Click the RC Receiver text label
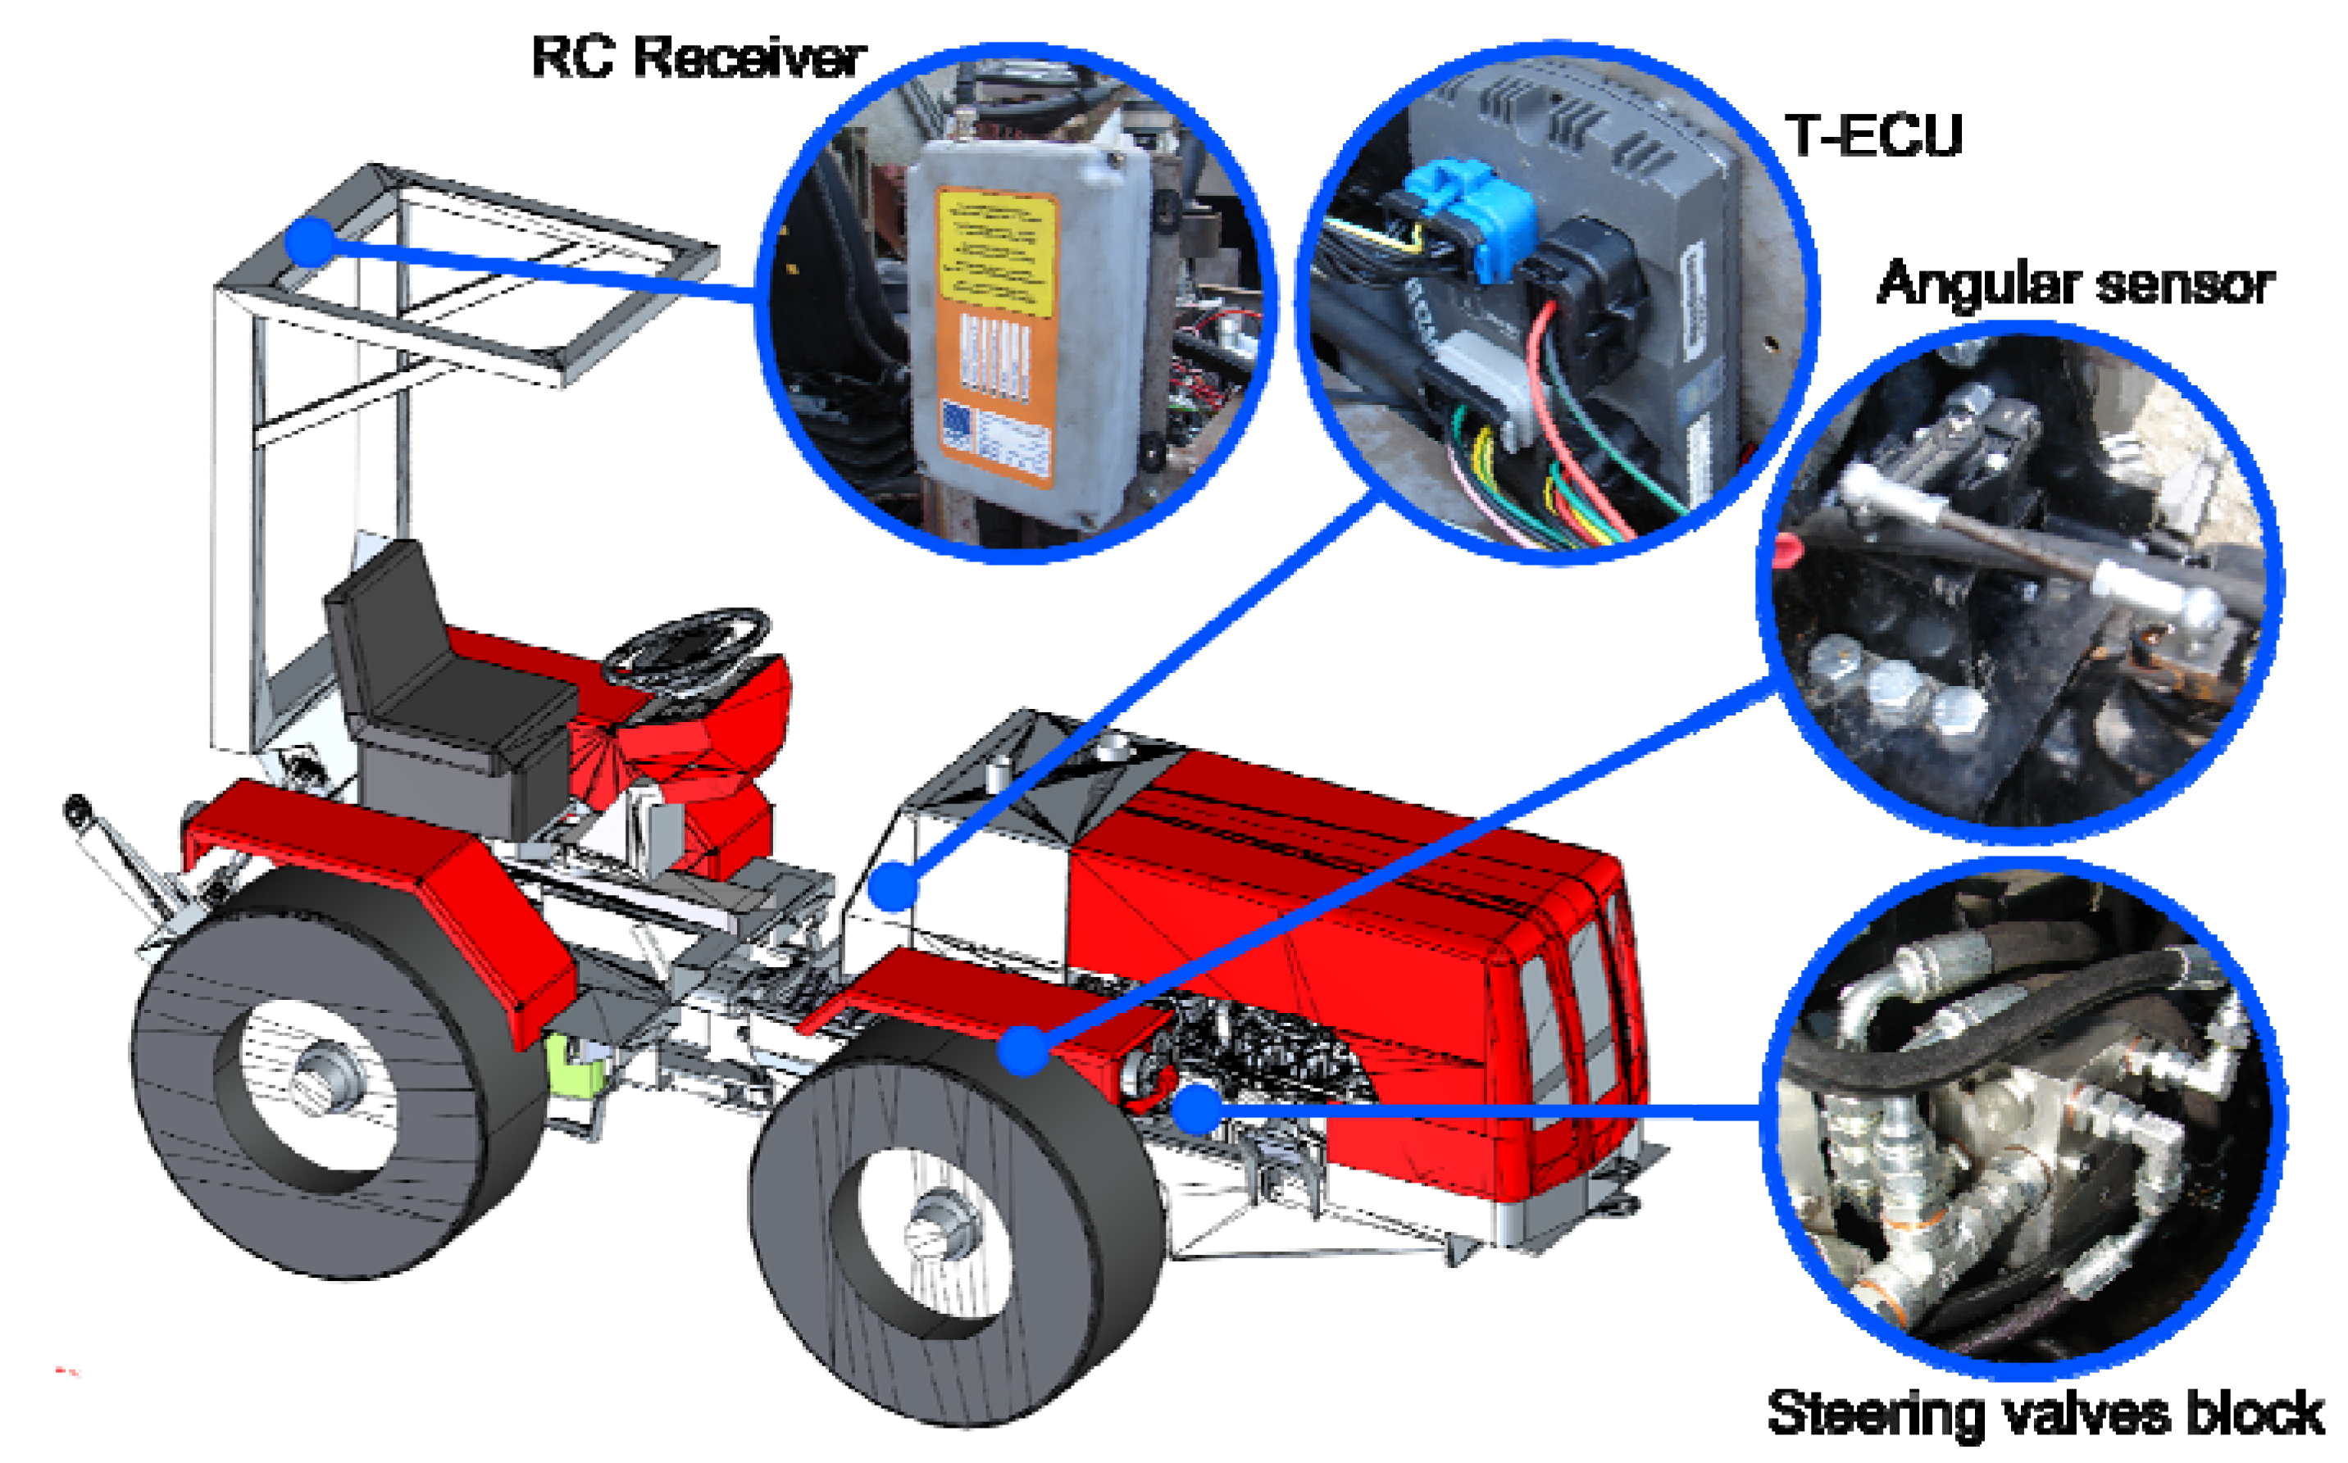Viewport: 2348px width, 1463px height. [x=698, y=57]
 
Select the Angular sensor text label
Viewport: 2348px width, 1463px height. [x=2075, y=284]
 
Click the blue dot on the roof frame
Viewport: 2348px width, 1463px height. [x=311, y=242]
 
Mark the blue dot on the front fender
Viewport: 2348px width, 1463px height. [x=1023, y=1050]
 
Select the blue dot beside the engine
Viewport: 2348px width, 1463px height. [x=1199, y=1109]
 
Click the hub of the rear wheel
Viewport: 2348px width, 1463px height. [x=327, y=1075]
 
